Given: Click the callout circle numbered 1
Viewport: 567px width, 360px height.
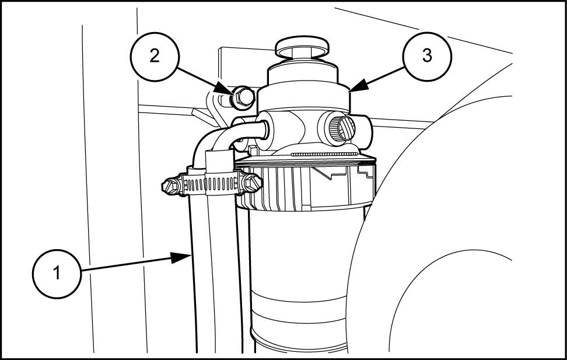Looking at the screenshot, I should pos(57,274).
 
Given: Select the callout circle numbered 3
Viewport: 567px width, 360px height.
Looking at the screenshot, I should pos(428,57).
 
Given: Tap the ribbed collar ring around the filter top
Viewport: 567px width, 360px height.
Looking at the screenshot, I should pos(309,181).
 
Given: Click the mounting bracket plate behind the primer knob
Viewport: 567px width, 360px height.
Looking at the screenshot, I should pos(230,64).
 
